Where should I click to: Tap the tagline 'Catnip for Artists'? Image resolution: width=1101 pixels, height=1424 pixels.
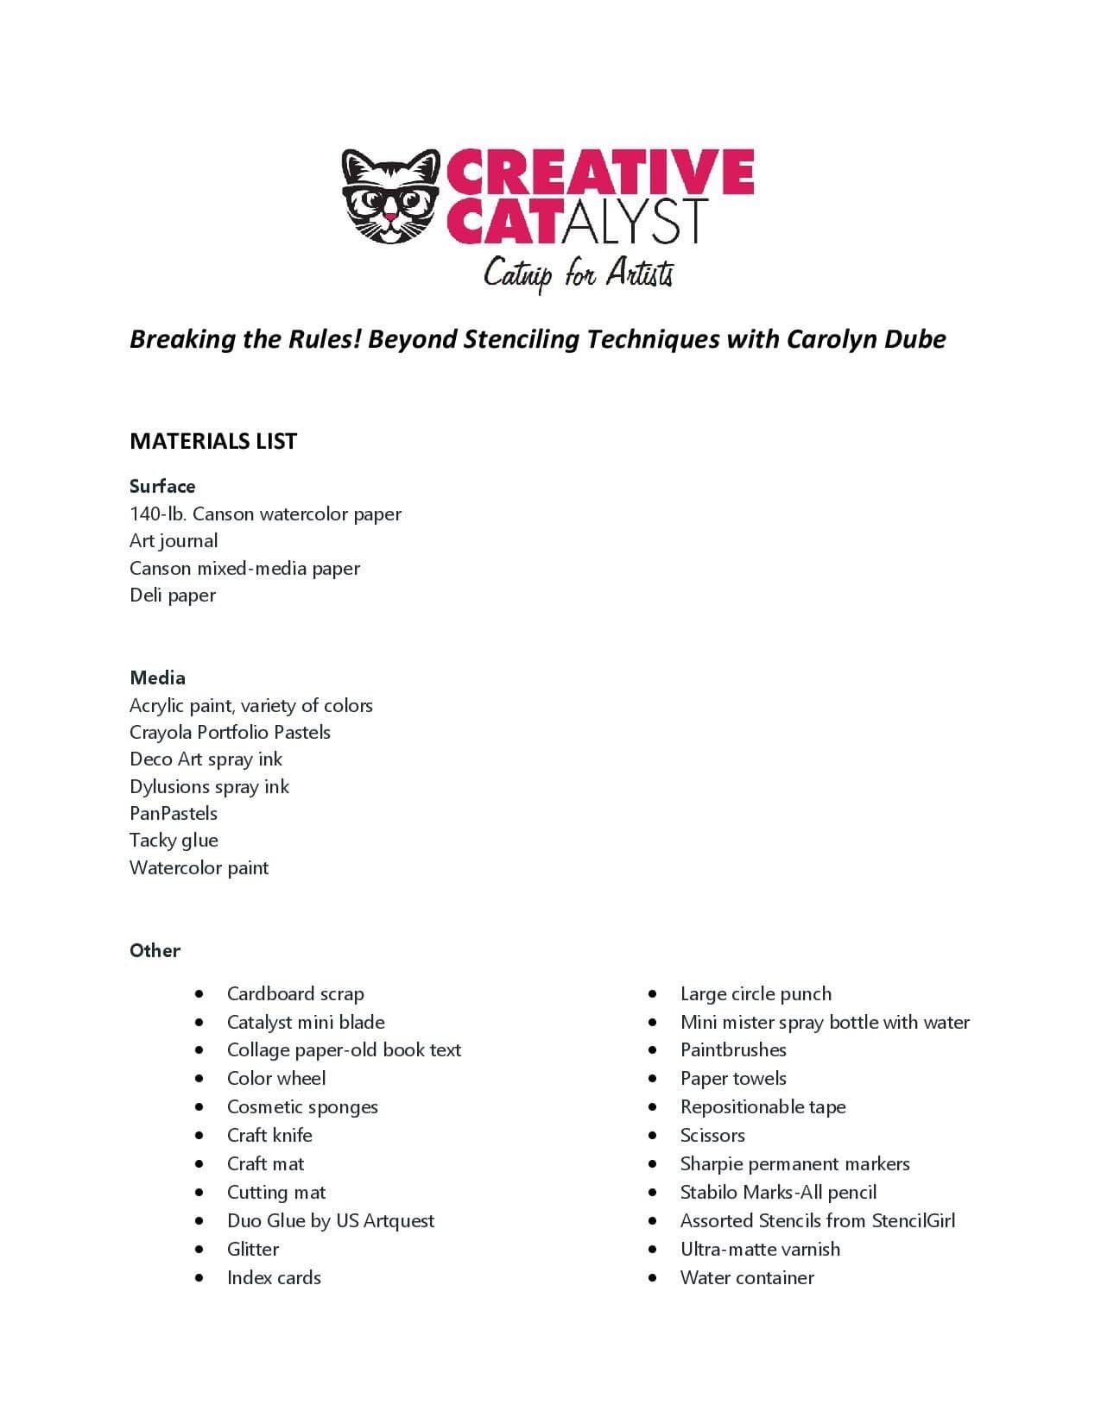(x=578, y=274)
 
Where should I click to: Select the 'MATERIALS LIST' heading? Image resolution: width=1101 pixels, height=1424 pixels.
(x=213, y=441)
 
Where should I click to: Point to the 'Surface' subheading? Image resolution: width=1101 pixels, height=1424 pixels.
(x=162, y=486)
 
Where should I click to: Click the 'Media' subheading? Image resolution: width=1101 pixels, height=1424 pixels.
(x=157, y=677)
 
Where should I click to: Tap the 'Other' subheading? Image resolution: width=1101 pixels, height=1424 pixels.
(x=155, y=950)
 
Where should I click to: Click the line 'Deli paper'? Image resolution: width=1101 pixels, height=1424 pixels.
(x=173, y=595)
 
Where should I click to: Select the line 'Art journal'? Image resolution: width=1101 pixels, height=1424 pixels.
(x=174, y=541)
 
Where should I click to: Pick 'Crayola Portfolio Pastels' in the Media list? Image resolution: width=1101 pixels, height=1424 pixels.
(x=230, y=733)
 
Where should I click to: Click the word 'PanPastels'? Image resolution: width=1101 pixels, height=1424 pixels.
(x=174, y=814)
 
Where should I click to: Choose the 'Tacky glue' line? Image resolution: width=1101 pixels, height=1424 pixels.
(x=174, y=841)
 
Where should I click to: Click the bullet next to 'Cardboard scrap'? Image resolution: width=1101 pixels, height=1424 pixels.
(x=199, y=994)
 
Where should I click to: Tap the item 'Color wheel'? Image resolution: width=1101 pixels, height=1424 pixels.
(x=276, y=1079)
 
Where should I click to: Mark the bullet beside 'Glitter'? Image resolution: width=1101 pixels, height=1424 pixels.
(x=199, y=1250)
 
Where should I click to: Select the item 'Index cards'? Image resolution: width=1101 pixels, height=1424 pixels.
(x=274, y=1278)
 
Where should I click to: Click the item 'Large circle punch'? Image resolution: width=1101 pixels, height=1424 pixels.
(x=756, y=994)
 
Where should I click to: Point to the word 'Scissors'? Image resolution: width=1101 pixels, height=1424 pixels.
(x=712, y=1136)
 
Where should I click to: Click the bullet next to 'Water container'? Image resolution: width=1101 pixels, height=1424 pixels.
(x=653, y=1278)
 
